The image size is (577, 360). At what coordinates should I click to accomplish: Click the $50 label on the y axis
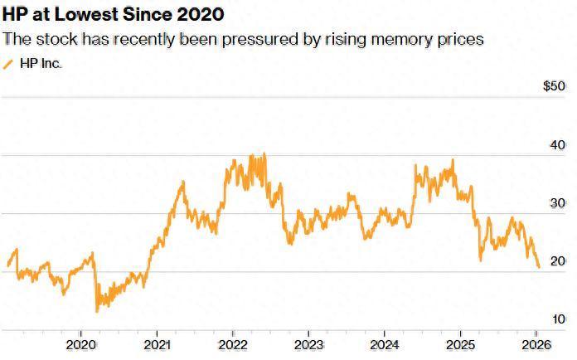point(554,86)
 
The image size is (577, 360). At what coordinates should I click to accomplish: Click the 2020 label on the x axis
point(81,343)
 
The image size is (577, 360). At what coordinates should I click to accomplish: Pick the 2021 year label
point(158,343)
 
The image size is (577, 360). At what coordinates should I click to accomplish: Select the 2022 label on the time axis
point(233,343)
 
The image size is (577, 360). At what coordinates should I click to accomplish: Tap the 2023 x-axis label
point(309,343)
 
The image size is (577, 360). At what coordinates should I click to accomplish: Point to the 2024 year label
point(385,343)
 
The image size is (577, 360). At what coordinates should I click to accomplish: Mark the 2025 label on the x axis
point(461,343)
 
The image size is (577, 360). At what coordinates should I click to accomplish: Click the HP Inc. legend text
point(41,63)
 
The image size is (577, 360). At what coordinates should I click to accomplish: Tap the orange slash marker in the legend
point(9,63)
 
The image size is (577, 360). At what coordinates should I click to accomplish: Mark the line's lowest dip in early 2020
point(97,311)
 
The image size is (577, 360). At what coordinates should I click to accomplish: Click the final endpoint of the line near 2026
point(540,267)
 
